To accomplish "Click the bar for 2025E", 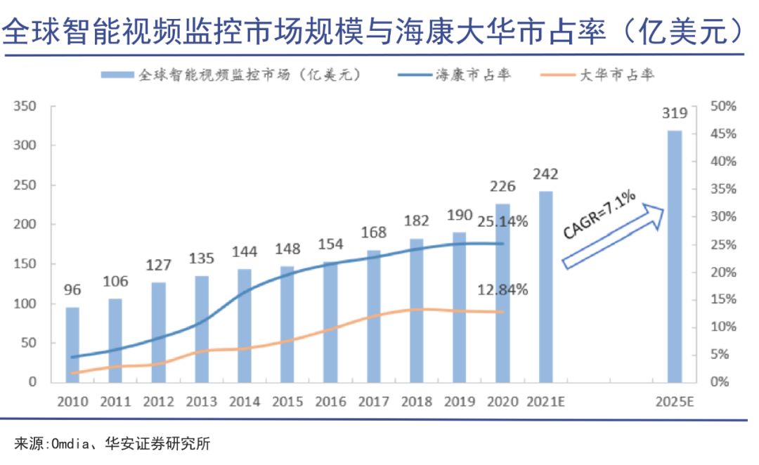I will (x=674, y=256).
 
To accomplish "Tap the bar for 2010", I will (x=72, y=344).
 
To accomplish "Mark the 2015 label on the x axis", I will (x=287, y=402).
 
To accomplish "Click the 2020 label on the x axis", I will (x=502, y=402).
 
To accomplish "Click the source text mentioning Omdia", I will (x=112, y=444).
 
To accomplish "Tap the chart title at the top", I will (x=372, y=31).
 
